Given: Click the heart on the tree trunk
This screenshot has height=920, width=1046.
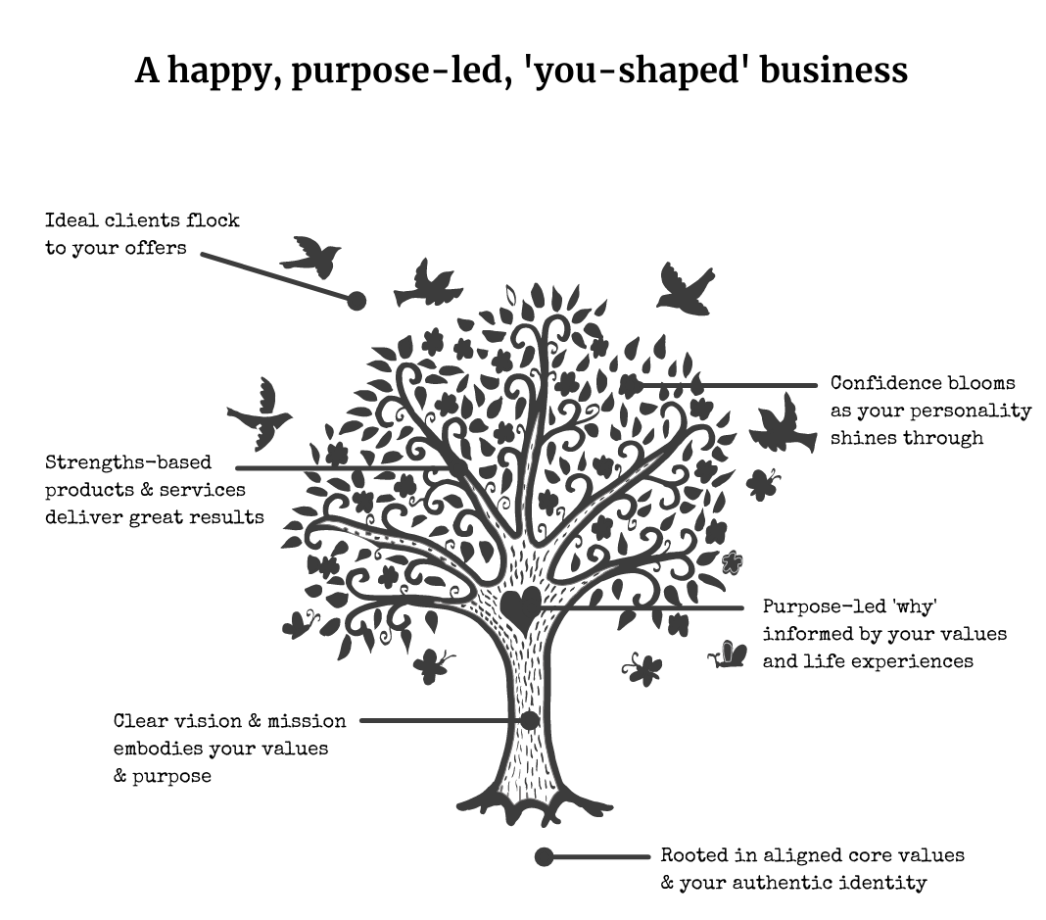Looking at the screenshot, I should point(519,608).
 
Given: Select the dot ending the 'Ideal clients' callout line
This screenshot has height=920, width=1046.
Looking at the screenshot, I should point(357,300).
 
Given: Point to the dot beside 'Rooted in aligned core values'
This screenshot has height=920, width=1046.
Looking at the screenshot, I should point(545,857).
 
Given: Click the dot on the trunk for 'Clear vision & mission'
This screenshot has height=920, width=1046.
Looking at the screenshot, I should point(530,721).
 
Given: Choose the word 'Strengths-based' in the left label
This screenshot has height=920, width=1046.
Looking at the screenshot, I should point(128,462).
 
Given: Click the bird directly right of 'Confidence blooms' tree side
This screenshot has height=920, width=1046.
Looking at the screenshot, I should point(782,423).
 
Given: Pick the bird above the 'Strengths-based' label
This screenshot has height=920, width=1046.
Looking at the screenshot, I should point(261,413).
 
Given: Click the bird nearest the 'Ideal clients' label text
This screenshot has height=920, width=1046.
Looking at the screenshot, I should point(311,256).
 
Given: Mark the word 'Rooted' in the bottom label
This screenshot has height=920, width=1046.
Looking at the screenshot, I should point(693,855).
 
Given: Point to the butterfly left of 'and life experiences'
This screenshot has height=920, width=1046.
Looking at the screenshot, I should point(728,654).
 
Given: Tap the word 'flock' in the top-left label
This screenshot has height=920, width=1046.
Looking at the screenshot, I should point(214,220).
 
